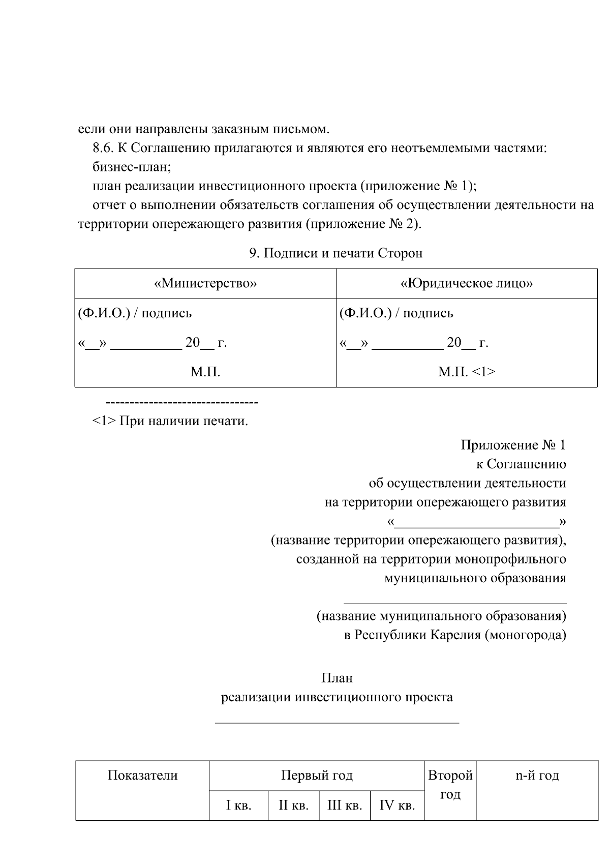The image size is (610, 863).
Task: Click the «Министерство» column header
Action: [x=205, y=283]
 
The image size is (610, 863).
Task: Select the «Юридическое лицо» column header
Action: [x=467, y=283]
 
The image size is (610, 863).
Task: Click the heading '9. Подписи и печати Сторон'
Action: [x=335, y=253]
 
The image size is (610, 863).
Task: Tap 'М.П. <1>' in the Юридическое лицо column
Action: [x=467, y=372]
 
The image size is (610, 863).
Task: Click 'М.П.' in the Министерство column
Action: [x=205, y=372]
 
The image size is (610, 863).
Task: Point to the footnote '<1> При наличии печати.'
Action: [x=170, y=421]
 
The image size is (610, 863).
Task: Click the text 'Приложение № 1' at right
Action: [x=513, y=445]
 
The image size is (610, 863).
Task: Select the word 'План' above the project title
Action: [x=337, y=678]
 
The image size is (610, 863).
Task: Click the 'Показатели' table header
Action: [x=142, y=776]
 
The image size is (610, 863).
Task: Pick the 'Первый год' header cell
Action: [x=317, y=776]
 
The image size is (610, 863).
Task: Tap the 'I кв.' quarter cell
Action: [x=238, y=806]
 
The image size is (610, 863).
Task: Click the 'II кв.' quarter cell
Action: [x=293, y=806]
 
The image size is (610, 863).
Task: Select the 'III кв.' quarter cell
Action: [x=345, y=806]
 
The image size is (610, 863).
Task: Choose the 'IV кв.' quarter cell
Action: [x=397, y=806]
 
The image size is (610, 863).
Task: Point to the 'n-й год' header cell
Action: [x=537, y=776]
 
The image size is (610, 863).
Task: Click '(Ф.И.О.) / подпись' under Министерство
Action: [x=135, y=313]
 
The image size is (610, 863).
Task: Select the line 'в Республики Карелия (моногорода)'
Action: [x=455, y=635]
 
